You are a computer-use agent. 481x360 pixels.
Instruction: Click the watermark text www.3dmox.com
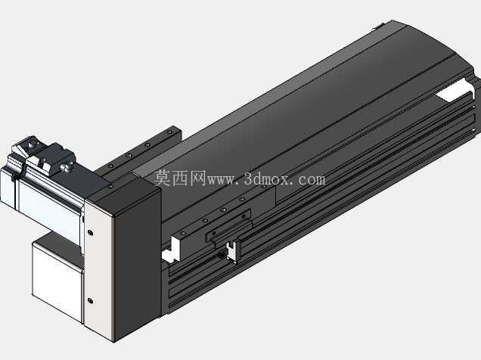click(x=266, y=179)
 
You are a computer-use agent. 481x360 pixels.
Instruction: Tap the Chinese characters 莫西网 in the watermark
click(x=180, y=178)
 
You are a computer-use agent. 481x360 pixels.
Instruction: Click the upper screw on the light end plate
click(x=90, y=233)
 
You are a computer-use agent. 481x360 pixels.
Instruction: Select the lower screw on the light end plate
click(x=90, y=300)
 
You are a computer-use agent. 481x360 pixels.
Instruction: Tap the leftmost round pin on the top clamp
click(x=31, y=144)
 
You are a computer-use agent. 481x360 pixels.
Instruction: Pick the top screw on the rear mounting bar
click(x=169, y=132)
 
